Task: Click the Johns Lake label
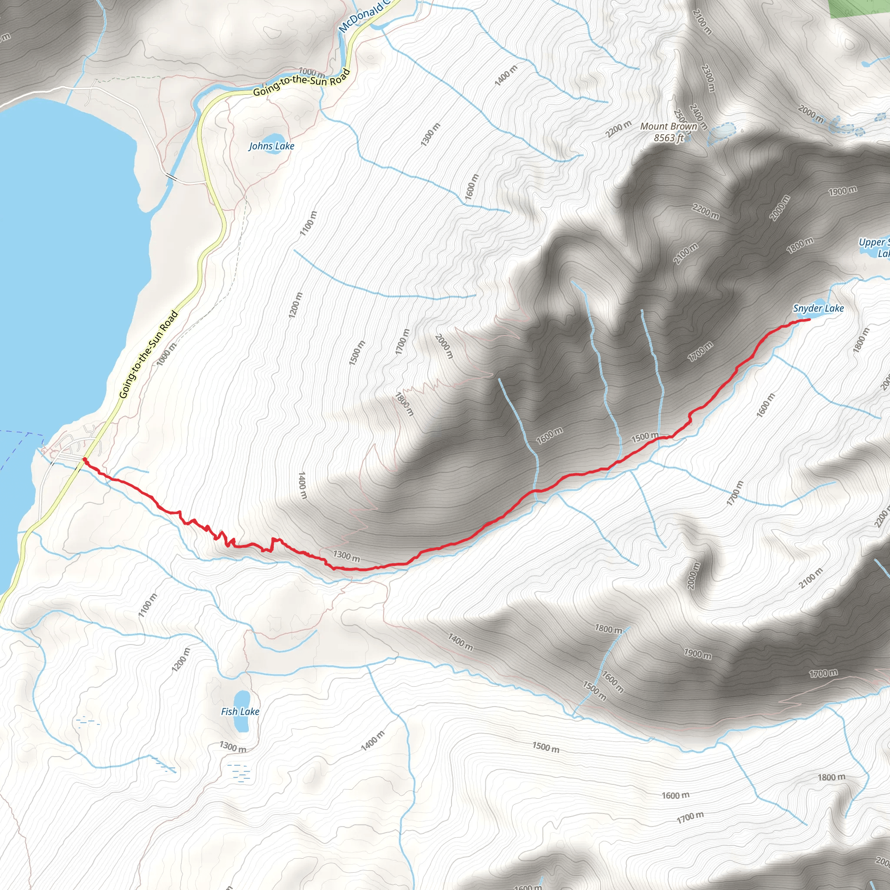(x=271, y=146)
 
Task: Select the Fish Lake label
(x=240, y=711)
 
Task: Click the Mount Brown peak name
(x=668, y=126)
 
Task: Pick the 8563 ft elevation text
(x=668, y=138)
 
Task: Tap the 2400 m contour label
(x=698, y=116)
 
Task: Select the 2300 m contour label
(x=707, y=78)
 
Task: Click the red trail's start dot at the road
(x=85, y=459)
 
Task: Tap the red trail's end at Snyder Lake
(x=808, y=320)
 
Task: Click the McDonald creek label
(x=364, y=16)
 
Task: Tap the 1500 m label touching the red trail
(x=644, y=437)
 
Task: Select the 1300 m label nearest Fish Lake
(x=232, y=747)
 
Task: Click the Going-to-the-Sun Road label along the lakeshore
(x=148, y=354)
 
